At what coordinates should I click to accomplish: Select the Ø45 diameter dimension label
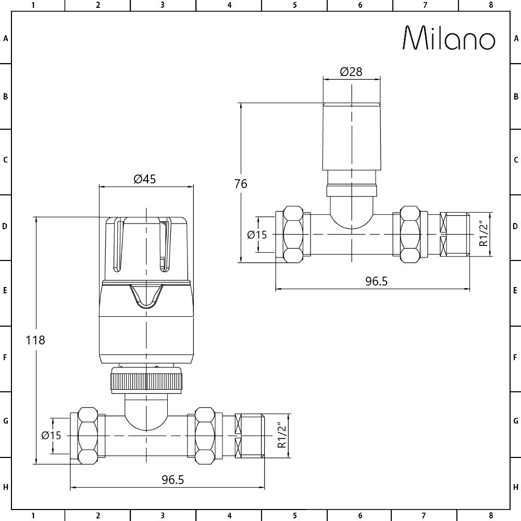click(x=145, y=179)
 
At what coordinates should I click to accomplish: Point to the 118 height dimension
click(x=35, y=340)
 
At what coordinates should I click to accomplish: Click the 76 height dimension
click(x=241, y=184)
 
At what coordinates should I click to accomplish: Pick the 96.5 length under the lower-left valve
click(x=173, y=479)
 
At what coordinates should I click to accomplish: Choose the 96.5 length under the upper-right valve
click(x=377, y=281)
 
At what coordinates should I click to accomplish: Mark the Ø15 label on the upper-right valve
click(x=256, y=235)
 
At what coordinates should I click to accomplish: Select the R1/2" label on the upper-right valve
click(x=484, y=234)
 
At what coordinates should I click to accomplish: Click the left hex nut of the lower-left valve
click(x=88, y=436)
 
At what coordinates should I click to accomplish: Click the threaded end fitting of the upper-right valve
click(x=454, y=234)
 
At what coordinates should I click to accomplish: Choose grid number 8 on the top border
click(x=490, y=6)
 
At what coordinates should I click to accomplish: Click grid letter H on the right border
click(x=515, y=487)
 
